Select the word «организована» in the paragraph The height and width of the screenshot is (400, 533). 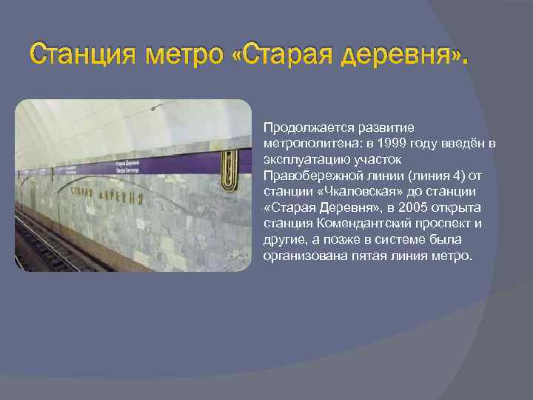pyautogui.click(x=298, y=256)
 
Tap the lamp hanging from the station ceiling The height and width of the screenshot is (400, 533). pyautogui.click(x=155, y=108)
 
